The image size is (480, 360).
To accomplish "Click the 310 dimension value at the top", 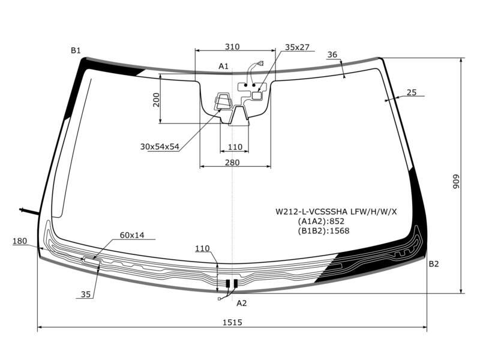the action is click(232, 47).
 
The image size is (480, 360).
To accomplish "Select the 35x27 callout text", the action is click(297, 47).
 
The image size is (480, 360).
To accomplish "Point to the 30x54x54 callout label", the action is click(160, 146).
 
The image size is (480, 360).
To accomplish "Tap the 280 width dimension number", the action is click(232, 163).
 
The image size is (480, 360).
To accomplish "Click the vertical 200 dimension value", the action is click(156, 100).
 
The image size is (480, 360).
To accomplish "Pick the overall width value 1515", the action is click(232, 322).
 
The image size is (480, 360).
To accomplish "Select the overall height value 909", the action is click(457, 182).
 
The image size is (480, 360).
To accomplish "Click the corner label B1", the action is click(76, 50).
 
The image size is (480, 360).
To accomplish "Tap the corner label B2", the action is click(434, 264).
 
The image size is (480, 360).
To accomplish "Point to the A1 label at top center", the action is click(223, 66).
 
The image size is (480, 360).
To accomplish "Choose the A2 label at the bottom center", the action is click(242, 303).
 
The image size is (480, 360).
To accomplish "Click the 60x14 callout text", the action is click(132, 235).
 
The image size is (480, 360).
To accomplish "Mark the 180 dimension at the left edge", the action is click(20, 241).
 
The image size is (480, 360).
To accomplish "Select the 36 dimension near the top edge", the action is click(332, 55).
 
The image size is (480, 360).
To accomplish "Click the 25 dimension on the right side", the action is click(412, 92).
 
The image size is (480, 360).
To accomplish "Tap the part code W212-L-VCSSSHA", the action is click(311, 212).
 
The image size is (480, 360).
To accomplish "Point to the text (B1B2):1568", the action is click(323, 230).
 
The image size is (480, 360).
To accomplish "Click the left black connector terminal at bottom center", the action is click(228, 284).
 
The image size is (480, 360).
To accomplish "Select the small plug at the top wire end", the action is click(261, 64).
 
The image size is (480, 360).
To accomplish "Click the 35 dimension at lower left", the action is click(86, 294).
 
